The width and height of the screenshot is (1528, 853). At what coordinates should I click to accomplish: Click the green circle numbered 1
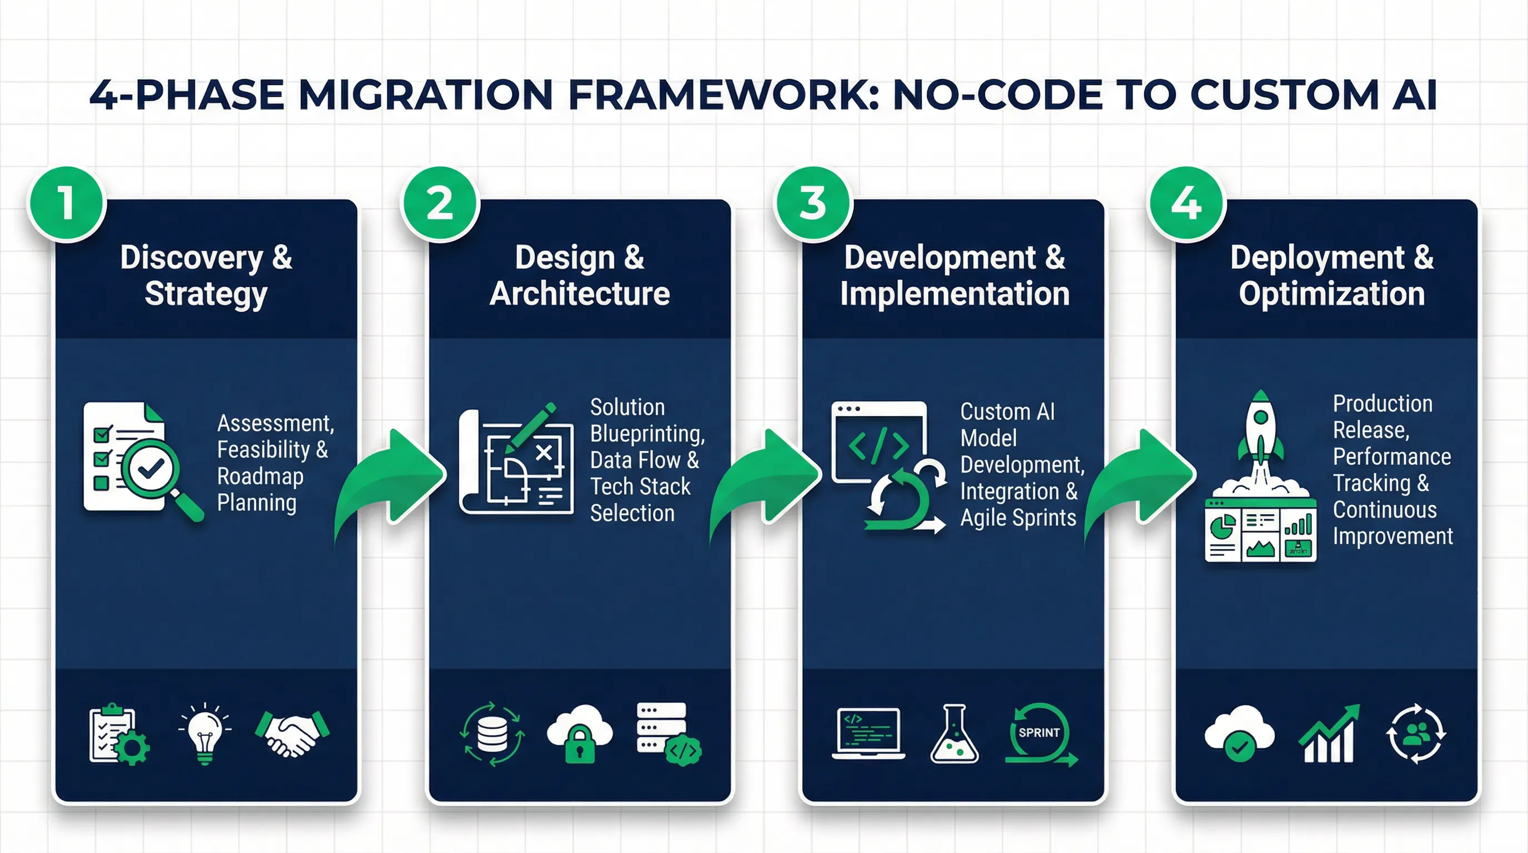(x=67, y=203)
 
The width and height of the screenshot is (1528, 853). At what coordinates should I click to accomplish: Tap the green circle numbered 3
(x=813, y=203)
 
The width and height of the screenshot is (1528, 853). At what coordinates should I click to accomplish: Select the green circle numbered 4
(x=1187, y=203)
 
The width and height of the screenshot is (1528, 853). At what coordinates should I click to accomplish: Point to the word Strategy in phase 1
(x=206, y=294)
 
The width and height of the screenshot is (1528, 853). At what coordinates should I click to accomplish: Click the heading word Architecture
(x=580, y=294)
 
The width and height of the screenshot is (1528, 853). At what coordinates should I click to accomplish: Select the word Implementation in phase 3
(x=954, y=294)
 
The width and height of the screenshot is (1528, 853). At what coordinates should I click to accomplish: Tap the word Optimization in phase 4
(x=1331, y=294)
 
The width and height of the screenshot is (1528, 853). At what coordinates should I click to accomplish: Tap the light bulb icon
(x=205, y=734)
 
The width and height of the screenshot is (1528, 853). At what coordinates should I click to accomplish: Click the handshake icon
(x=292, y=732)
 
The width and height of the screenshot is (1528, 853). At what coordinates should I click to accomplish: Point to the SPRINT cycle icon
(x=1040, y=734)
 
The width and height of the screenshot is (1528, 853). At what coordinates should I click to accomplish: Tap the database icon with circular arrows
(x=492, y=734)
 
